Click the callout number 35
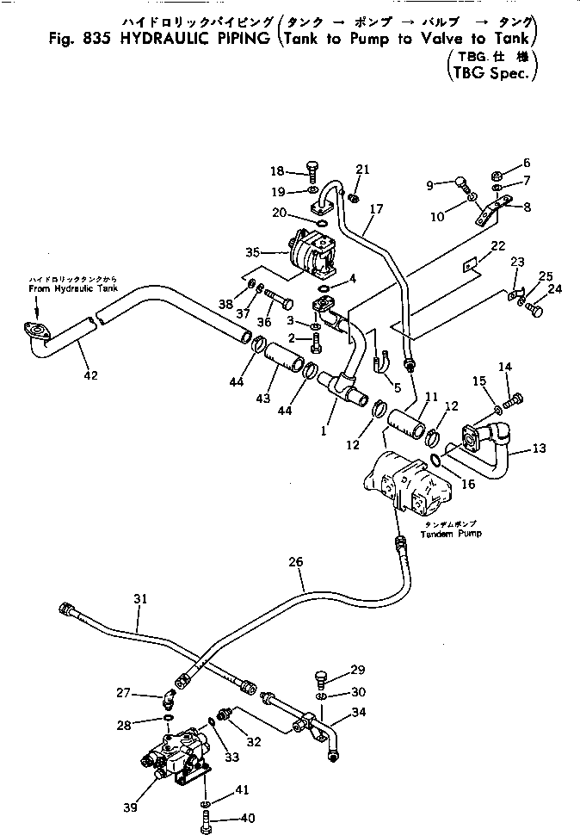coord(253,252)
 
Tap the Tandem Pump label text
coord(451,534)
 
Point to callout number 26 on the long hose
coord(295,561)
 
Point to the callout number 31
coord(140,598)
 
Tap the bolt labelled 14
coord(515,399)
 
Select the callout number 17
coord(376,209)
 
